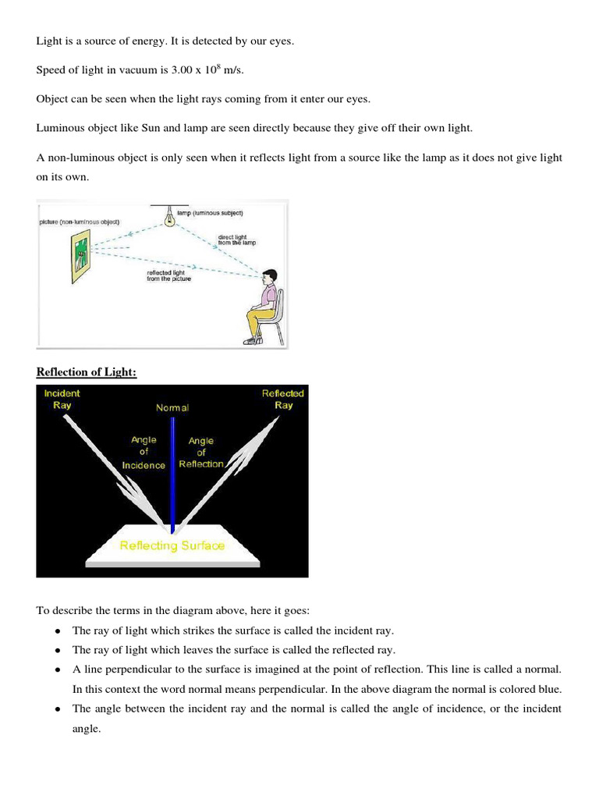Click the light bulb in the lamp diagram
point(169,220)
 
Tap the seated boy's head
point(269,278)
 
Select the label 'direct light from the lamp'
point(236,240)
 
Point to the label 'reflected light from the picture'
point(168,275)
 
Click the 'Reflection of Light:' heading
point(87,372)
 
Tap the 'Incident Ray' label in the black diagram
point(62,399)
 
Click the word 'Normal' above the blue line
point(172,407)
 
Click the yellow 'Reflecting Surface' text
point(172,545)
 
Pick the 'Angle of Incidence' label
point(144,453)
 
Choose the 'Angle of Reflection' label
point(201,453)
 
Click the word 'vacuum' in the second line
point(133,70)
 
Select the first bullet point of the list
point(58,630)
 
